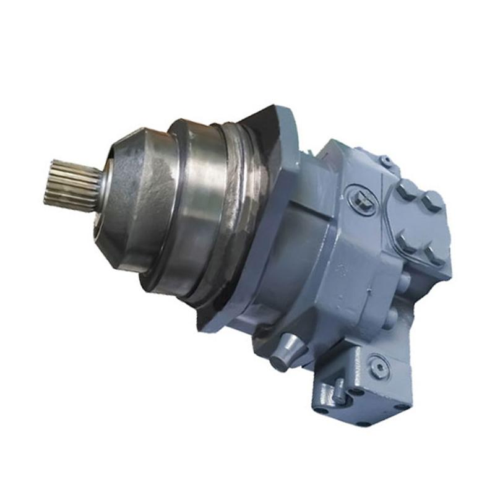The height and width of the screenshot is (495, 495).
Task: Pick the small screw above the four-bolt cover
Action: (387, 162)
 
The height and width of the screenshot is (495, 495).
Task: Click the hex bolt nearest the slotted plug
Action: (407, 190)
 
